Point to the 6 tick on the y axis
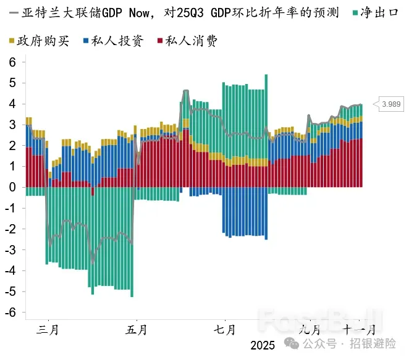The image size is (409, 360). click(12, 62)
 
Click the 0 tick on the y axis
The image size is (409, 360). click(12, 187)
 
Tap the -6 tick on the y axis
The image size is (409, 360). click(9, 312)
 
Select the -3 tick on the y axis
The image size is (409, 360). click(9, 249)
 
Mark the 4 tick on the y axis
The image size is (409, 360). click(12, 104)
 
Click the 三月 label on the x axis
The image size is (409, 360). click(48, 329)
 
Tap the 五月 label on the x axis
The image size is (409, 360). click(136, 329)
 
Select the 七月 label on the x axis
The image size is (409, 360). click(225, 329)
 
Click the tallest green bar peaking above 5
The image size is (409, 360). click(266, 123)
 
